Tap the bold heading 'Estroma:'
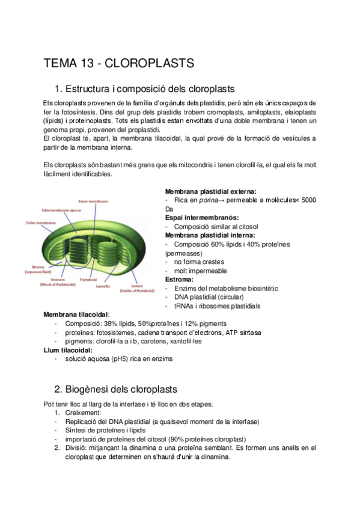[179, 279]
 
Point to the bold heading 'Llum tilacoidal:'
[68, 350]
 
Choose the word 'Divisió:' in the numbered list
[79, 447]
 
